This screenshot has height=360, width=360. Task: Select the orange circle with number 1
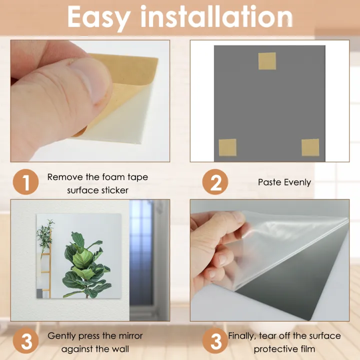(x=25, y=183)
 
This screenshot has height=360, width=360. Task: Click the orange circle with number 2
(x=215, y=183)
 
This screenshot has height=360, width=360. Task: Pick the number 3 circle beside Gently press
(x=25, y=342)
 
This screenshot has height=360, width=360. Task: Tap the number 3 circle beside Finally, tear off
(x=215, y=342)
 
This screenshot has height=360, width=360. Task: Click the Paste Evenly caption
(x=284, y=182)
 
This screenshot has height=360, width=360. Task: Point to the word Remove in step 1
(x=63, y=177)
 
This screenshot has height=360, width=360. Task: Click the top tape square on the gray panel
(x=267, y=61)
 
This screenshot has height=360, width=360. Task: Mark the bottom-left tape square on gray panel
(x=227, y=147)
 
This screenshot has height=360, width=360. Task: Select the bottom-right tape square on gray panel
(x=310, y=147)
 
